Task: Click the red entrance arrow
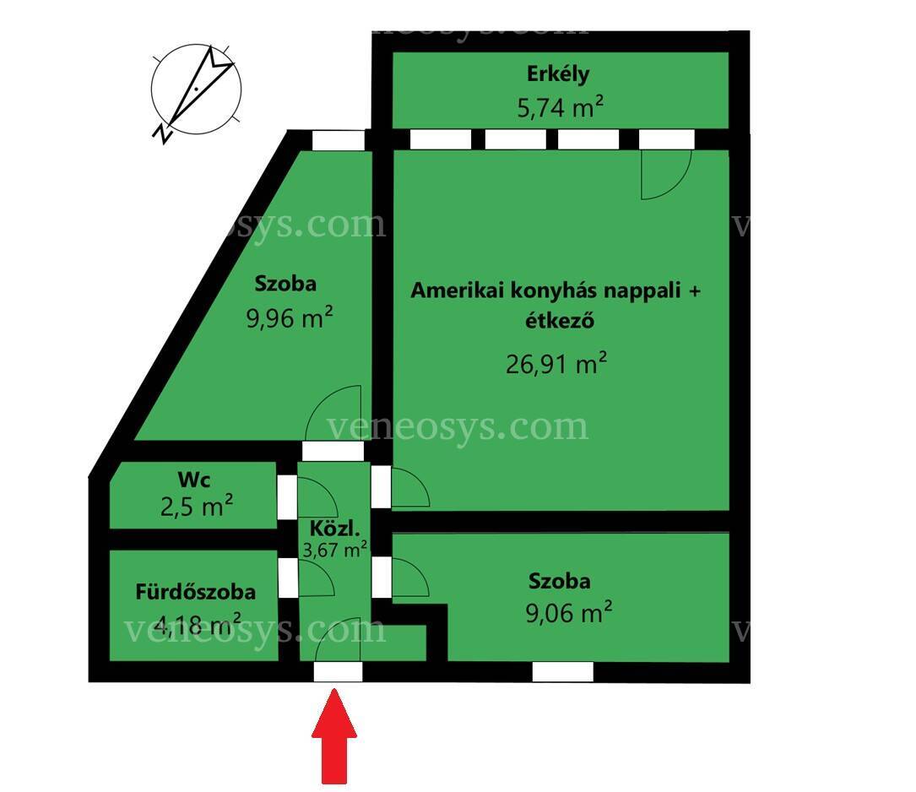(334, 736)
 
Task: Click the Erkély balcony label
(558, 74)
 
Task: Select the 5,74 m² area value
(560, 107)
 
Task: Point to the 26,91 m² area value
(556, 363)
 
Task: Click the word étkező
(559, 321)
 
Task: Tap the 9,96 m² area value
(290, 317)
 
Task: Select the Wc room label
(194, 480)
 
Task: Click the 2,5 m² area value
(196, 507)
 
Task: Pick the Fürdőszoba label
(196, 592)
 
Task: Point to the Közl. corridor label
(334, 529)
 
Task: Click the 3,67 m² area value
(334, 549)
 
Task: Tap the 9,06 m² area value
(568, 613)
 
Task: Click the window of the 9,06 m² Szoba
(562, 672)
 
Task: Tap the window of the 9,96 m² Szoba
(339, 140)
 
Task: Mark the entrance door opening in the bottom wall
(338, 672)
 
